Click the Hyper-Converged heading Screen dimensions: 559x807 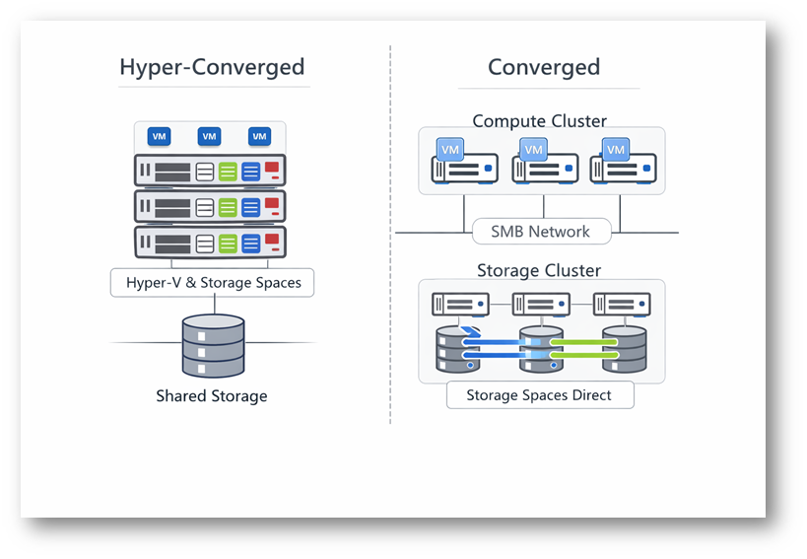pos(212,67)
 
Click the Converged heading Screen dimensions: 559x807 pos(544,67)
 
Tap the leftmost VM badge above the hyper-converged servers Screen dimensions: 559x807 pos(159,136)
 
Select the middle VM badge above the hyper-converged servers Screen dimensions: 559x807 pos(209,136)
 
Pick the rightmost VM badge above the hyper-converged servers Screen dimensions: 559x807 pos(259,136)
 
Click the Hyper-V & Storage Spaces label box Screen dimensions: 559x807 pos(212,283)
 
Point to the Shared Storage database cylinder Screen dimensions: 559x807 pos(213,344)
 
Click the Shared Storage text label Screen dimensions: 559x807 pos(212,396)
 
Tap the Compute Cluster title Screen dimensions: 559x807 pos(539,121)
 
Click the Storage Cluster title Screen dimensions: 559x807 pos(539,270)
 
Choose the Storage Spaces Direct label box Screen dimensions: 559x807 pos(539,395)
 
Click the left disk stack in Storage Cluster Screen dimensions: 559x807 pos(457,348)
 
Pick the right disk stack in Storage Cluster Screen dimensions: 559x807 pos(625,348)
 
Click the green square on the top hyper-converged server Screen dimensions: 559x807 pos(229,172)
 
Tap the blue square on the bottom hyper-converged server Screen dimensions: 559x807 pos(251,243)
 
